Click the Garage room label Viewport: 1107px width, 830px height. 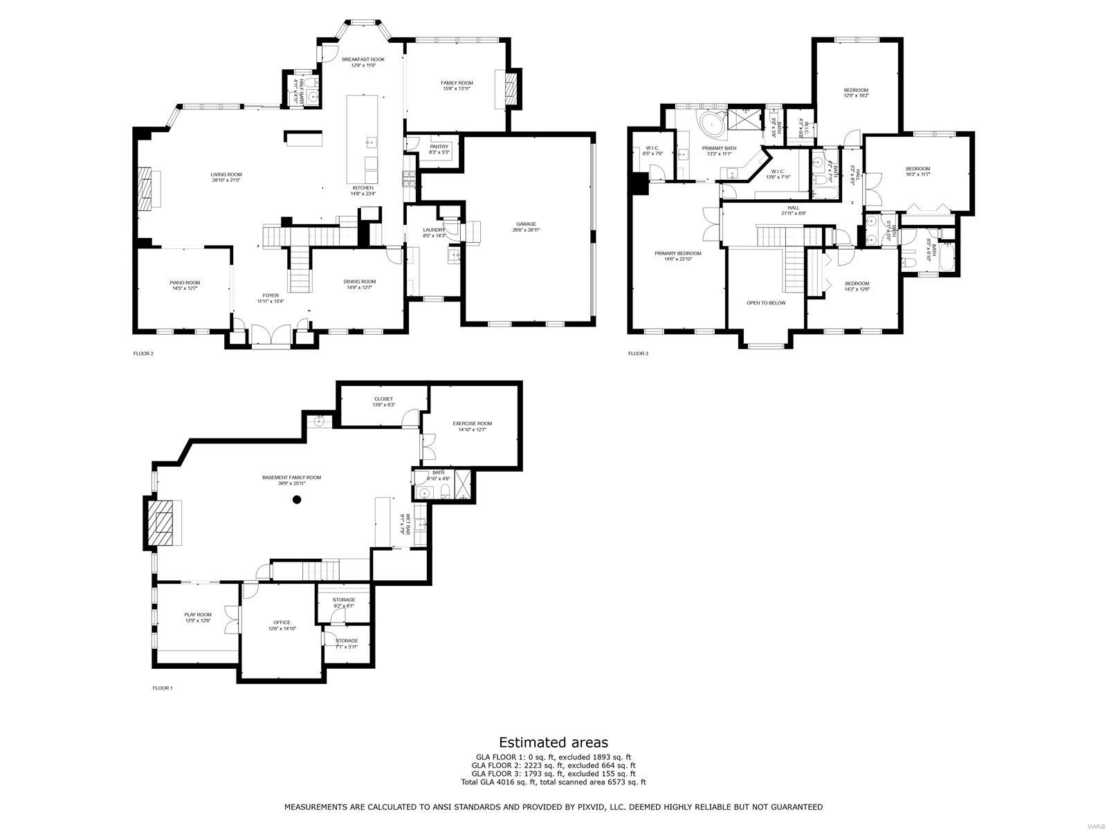click(526, 224)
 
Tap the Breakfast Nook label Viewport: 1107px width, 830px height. click(363, 59)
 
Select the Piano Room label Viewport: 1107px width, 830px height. click(185, 282)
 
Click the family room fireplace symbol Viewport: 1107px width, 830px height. click(511, 88)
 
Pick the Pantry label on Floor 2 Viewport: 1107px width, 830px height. click(439, 147)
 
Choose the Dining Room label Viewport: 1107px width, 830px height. click(360, 282)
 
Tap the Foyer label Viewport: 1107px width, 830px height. click(271, 295)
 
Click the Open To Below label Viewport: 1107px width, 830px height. click(766, 302)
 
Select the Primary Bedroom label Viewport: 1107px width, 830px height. click(678, 253)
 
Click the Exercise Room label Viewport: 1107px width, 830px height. click(473, 423)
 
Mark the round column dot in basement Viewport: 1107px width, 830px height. click(297, 502)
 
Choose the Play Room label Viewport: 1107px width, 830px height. click(198, 614)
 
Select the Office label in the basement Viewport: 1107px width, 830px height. click(282, 622)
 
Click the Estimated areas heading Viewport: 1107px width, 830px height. click(553, 743)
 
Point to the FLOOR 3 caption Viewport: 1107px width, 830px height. click(638, 353)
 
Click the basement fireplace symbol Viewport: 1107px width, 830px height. click(164, 524)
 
